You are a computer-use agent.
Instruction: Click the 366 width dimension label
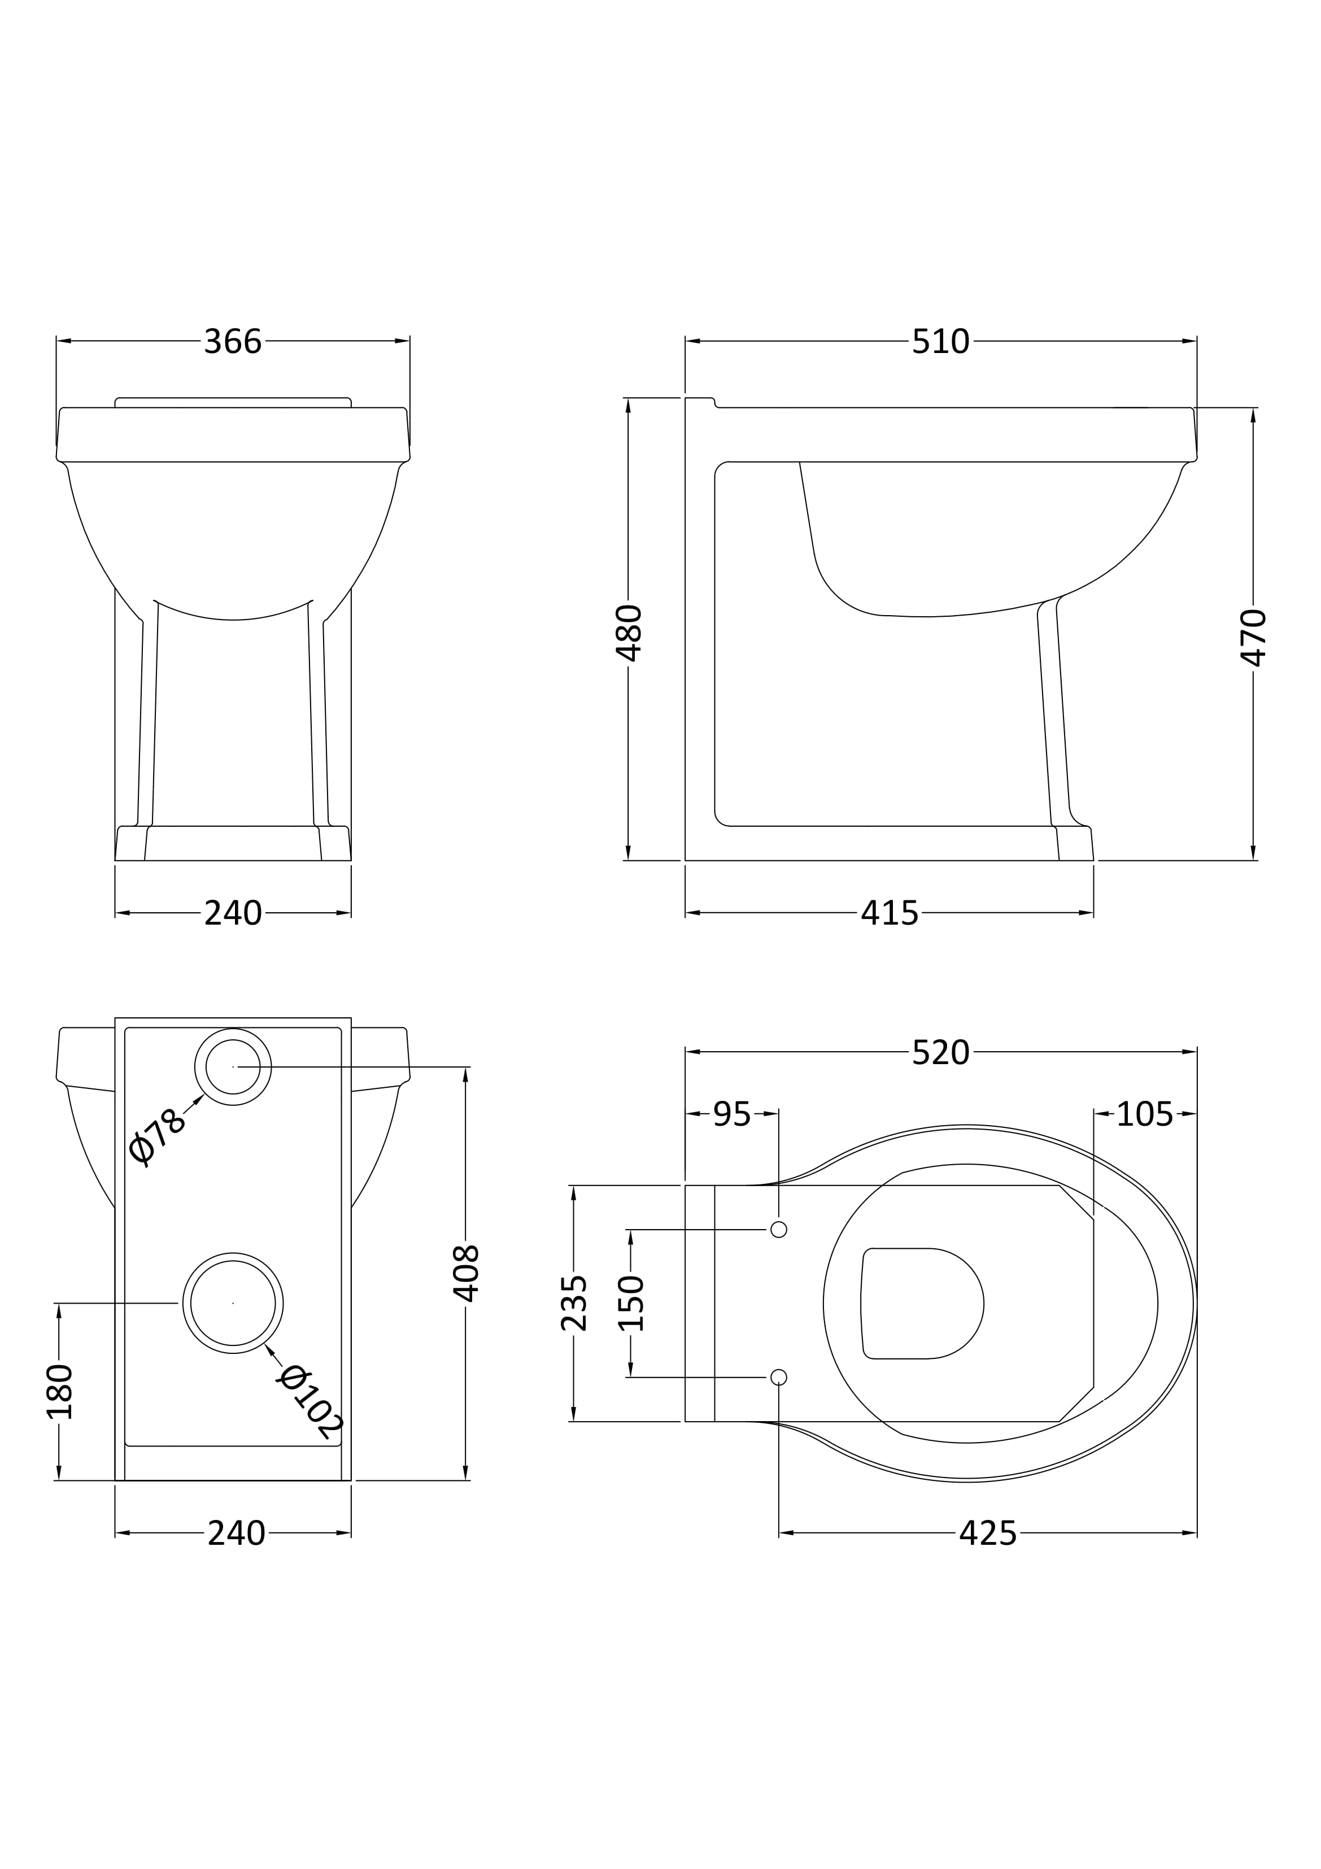(x=233, y=342)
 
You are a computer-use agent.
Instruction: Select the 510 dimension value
(x=940, y=342)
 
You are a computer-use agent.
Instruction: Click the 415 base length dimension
(x=890, y=913)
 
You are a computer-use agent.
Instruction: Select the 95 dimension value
(x=732, y=1114)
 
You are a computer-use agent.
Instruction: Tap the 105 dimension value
(x=1144, y=1114)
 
